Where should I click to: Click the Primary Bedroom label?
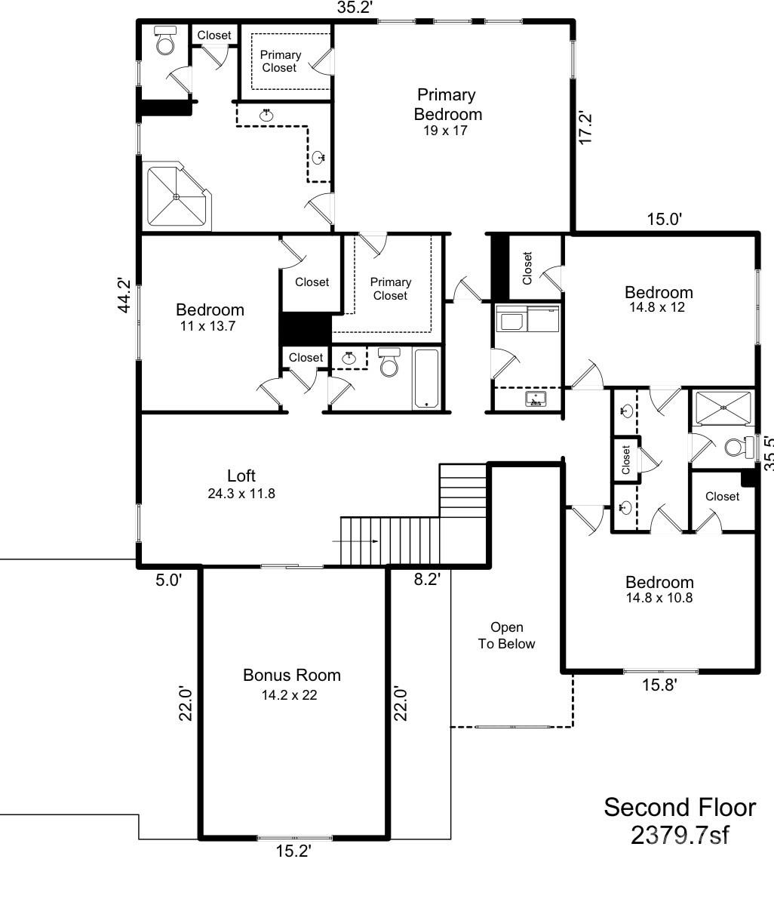[447, 104]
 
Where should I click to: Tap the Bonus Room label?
[291, 675]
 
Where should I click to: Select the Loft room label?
[241, 476]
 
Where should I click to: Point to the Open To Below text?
[506, 636]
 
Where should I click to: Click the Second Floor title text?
[679, 807]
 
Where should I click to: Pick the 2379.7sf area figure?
[679, 836]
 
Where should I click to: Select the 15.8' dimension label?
[659, 685]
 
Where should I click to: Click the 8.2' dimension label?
[426, 579]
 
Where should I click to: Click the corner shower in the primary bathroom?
[177, 196]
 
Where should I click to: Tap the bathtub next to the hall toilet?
[425, 378]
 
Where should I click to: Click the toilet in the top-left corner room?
[164, 41]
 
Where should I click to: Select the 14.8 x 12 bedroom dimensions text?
[659, 307]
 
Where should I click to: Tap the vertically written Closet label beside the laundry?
[527, 268]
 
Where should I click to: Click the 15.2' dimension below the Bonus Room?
[293, 851]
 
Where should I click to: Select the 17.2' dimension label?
[586, 127]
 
